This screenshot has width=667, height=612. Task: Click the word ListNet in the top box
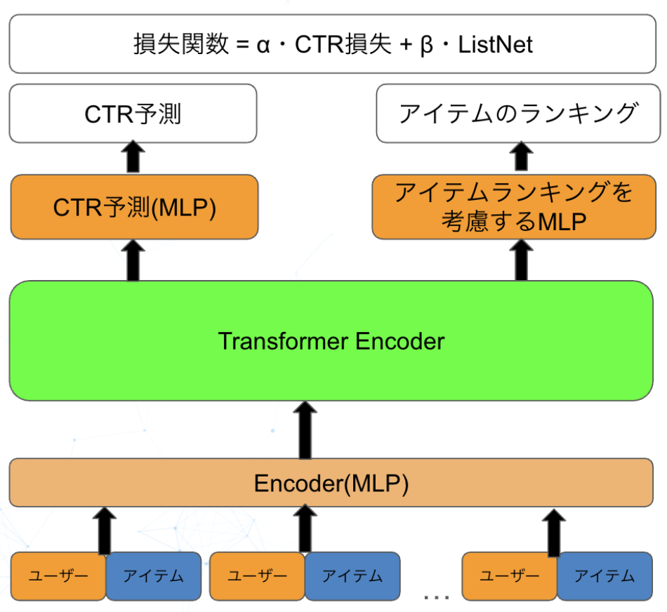point(495,45)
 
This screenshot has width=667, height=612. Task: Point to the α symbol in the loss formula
point(263,45)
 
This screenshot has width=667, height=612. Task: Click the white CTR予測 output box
point(133,114)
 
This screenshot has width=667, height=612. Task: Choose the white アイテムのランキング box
point(519,114)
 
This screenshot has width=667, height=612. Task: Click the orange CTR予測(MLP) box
point(134,208)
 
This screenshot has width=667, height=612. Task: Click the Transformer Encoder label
point(331,341)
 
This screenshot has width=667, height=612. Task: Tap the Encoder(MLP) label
point(331,483)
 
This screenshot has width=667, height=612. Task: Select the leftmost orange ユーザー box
point(58,576)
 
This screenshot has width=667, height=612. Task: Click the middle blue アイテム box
point(352,576)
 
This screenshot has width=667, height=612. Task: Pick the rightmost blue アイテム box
point(605,576)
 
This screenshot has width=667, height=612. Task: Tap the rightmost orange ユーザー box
point(510,576)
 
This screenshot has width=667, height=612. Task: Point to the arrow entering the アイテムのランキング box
point(520,157)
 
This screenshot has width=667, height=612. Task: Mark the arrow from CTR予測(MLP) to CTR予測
point(133,157)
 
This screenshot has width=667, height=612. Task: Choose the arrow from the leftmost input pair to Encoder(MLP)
point(105,530)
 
